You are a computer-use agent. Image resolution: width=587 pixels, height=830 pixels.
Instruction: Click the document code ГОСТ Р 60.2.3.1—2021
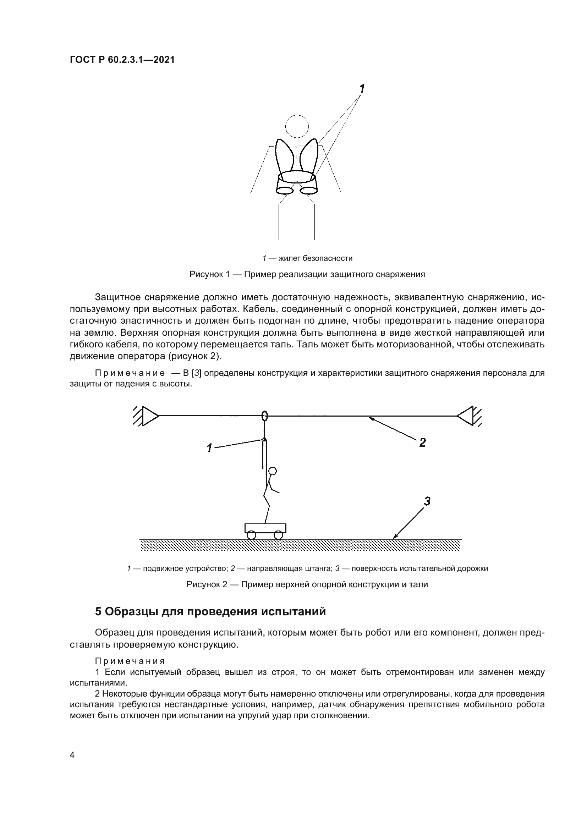pos(122,60)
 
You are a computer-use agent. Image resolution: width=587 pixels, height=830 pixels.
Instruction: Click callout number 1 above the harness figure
pos(361,88)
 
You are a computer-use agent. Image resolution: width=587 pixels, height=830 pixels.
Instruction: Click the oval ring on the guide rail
pos(265,416)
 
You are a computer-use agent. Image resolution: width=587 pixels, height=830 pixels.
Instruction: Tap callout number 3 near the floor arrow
pos(427,501)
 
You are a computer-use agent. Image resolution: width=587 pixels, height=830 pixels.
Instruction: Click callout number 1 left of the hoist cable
pos(209,448)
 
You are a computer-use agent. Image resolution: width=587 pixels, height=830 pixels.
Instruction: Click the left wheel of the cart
pos(252,535)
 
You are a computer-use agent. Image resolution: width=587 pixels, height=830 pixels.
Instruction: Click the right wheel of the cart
pos(278,535)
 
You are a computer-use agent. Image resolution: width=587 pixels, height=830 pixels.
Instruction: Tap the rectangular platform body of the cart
pos(265,528)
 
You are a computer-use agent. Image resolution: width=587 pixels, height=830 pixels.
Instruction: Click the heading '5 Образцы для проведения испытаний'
pos(210,611)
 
